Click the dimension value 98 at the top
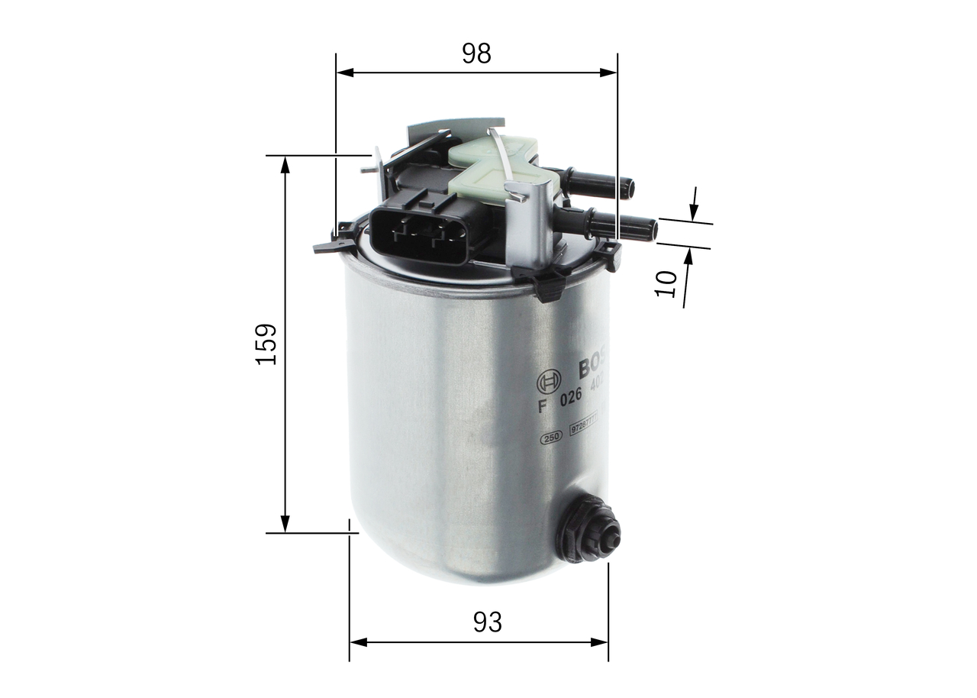click(476, 53)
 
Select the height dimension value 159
click(266, 344)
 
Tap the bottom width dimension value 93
click(488, 622)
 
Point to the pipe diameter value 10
click(667, 283)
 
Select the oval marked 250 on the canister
click(550, 437)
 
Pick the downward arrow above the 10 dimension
click(694, 207)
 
